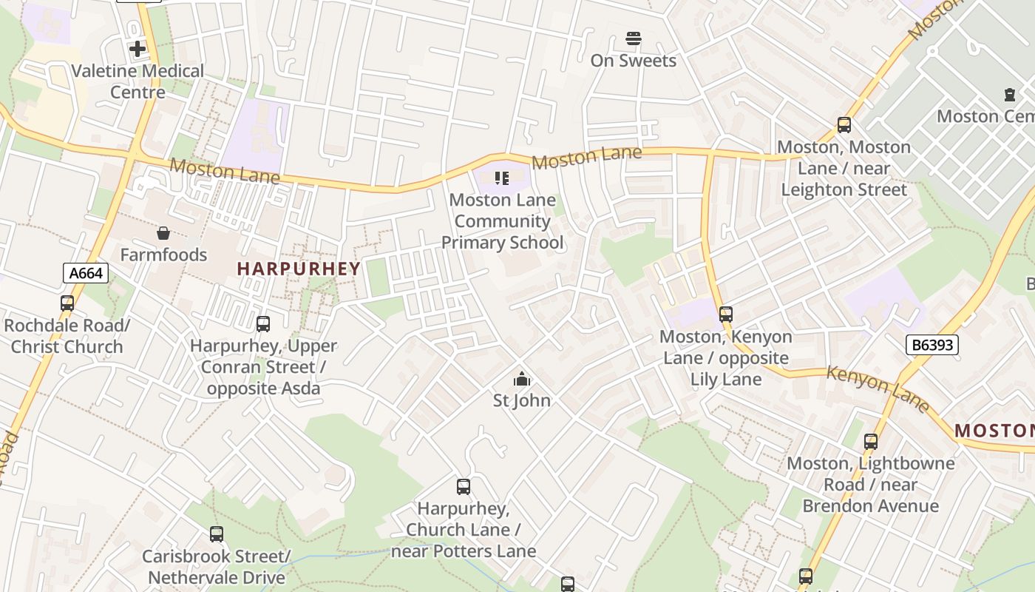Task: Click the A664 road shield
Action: (86, 273)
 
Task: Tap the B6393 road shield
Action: (931, 344)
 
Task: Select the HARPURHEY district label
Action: (299, 269)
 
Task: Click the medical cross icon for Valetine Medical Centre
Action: (138, 49)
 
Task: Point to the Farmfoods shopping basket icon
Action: (163, 233)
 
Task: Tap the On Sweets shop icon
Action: (633, 38)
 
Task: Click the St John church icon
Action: (522, 379)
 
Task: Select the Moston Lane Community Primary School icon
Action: (502, 178)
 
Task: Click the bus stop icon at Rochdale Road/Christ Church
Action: (67, 303)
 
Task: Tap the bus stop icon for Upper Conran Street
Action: (263, 324)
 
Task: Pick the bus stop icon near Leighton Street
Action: (844, 125)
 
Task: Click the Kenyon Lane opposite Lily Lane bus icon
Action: (726, 314)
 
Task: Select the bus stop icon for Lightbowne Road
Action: (871, 442)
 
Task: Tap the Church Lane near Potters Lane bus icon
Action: (464, 487)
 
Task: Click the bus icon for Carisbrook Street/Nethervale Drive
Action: (217, 534)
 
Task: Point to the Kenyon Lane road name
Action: (877, 388)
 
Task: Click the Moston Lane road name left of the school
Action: (225, 171)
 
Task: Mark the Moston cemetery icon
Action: (1010, 95)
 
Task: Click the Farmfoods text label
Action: (163, 255)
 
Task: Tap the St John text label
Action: (522, 400)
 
